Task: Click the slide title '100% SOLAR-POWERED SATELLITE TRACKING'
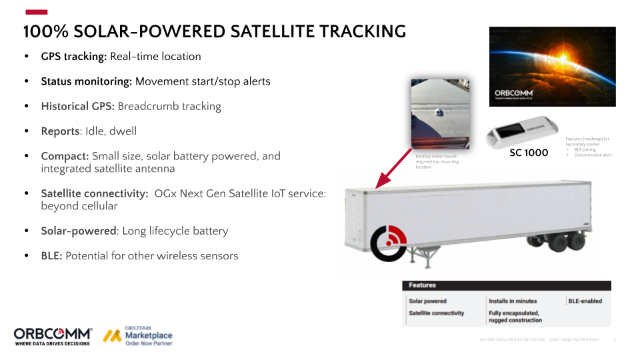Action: click(x=214, y=31)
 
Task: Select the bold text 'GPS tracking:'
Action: click(x=73, y=57)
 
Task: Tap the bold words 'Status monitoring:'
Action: click(x=87, y=81)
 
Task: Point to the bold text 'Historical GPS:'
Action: click(x=77, y=107)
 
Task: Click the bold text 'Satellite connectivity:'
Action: click(x=94, y=193)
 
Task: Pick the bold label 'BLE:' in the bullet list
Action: click(x=51, y=256)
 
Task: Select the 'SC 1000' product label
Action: click(x=529, y=153)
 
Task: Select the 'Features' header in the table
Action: click(x=422, y=285)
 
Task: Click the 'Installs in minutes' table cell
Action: click(x=512, y=301)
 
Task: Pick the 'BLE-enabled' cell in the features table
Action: click(x=585, y=301)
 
